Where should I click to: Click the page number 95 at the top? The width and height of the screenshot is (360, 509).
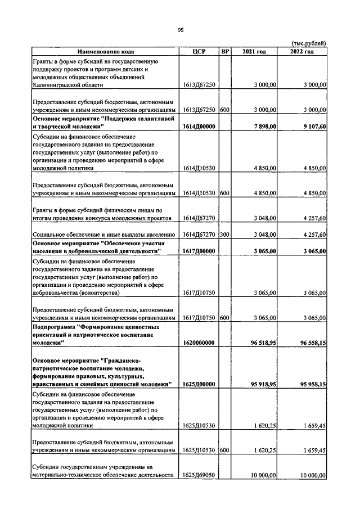tap(181, 31)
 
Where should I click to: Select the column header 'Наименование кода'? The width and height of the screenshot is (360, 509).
tap(106, 52)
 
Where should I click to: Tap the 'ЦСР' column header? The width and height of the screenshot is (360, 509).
tap(199, 52)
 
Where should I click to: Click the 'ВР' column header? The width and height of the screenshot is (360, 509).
tap(225, 52)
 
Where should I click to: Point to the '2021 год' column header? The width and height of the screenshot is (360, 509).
tap(254, 52)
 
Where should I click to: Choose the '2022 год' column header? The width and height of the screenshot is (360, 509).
tap(302, 52)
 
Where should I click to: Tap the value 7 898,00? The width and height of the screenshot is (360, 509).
tap(262, 127)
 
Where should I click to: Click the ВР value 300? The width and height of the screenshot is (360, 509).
tap(224, 234)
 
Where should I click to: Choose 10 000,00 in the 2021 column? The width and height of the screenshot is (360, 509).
tap(262, 476)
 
